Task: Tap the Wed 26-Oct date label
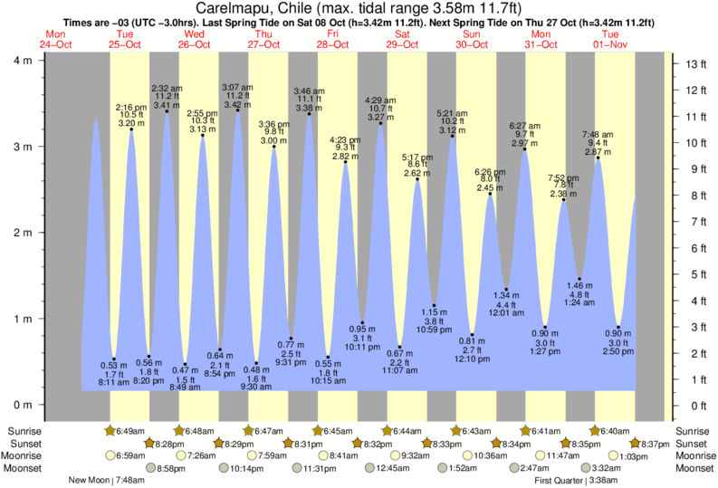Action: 192,39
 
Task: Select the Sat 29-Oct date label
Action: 403,39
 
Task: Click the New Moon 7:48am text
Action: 105,481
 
